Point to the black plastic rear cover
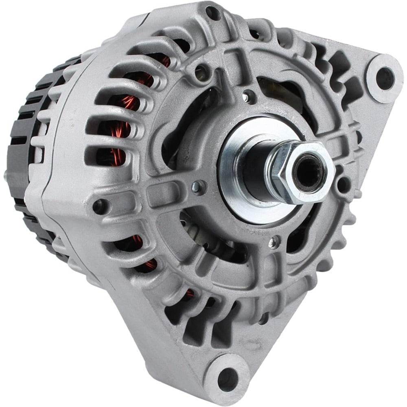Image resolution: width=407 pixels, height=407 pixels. coord(24,134)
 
